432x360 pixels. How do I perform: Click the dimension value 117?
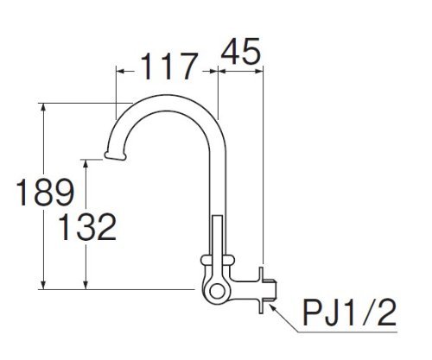(169, 66)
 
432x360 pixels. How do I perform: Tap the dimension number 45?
(241, 52)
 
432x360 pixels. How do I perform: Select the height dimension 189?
(45, 192)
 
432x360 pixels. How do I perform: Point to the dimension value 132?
(87, 227)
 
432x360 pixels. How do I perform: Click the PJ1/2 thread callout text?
(350, 313)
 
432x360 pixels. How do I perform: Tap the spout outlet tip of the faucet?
(115, 155)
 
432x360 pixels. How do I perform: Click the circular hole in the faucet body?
(217, 292)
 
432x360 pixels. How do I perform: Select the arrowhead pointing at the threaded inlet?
(273, 306)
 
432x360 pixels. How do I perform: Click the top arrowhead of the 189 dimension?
(43, 108)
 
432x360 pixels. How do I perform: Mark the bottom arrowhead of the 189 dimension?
(43, 284)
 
